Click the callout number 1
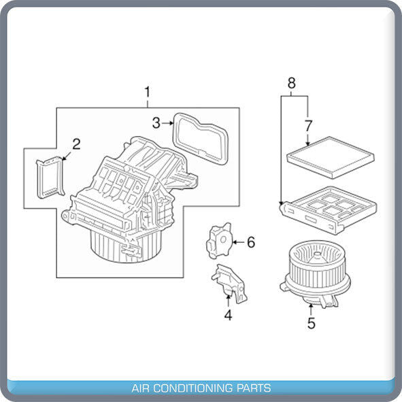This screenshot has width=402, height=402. tap(148, 93)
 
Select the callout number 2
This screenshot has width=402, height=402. tap(76, 144)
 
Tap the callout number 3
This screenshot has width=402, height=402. tap(156, 123)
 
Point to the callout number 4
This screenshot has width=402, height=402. tap(228, 315)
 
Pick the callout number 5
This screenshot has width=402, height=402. tap(312, 323)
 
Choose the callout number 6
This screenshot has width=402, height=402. tap(251, 242)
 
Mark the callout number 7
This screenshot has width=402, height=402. tap(308, 126)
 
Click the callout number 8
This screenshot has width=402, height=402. tap(292, 83)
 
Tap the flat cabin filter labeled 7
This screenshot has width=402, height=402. tap(330, 158)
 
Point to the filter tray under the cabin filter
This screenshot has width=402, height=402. tap(328, 210)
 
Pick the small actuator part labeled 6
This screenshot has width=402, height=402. tap(220, 241)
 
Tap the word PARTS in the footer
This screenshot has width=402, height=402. tap(254, 388)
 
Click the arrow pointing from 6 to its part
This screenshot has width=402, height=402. tap(238, 242)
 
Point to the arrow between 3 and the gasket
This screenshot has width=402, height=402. tap(167, 123)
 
